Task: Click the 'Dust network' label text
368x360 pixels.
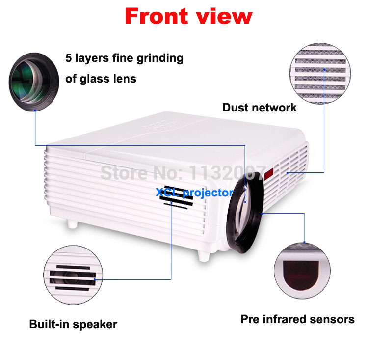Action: [260, 108]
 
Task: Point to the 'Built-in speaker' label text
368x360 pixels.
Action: [73, 324]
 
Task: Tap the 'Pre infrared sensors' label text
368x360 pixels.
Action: [297, 319]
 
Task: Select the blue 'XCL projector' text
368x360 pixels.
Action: [194, 193]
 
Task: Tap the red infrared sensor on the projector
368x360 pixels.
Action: [269, 173]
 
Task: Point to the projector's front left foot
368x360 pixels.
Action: [73, 223]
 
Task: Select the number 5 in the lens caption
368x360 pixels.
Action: [69, 58]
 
